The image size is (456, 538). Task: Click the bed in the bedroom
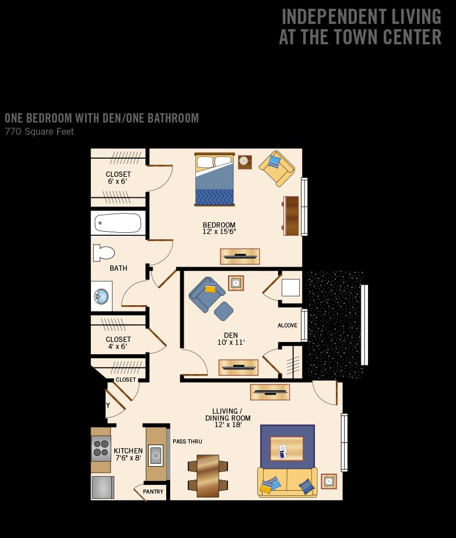click(x=215, y=180)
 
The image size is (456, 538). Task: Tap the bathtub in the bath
click(x=118, y=223)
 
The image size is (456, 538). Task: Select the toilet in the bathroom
click(x=104, y=253)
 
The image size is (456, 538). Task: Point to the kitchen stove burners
click(x=101, y=449)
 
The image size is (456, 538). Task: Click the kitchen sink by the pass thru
click(x=156, y=455)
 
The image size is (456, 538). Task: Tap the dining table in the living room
click(x=208, y=476)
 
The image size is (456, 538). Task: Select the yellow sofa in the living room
click(x=287, y=482)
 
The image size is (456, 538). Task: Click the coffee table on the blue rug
click(x=287, y=449)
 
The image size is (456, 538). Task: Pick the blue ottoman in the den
click(x=223, y=311)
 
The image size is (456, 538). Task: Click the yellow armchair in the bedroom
click(x=276, y=169)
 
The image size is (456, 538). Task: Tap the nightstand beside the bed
click(x=245, y=162)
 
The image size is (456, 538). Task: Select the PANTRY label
click(x=153, y=492)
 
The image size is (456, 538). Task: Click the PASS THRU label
click(x=187, y=441)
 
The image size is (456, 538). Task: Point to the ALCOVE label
click(x=287, y=325)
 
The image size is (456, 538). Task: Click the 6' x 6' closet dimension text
click(x=117, y=181)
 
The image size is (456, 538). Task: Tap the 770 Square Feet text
click(x=40, y=131)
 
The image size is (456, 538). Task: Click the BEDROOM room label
click(x=219, y=225)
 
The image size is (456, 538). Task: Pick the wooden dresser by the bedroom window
click(x=291, y=216)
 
